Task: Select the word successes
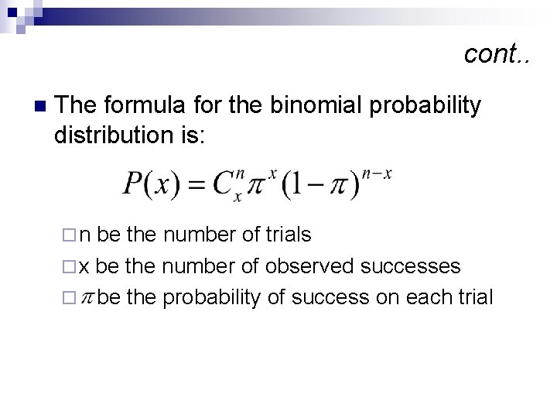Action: [412, 266]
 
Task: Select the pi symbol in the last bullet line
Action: [88, 297]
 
